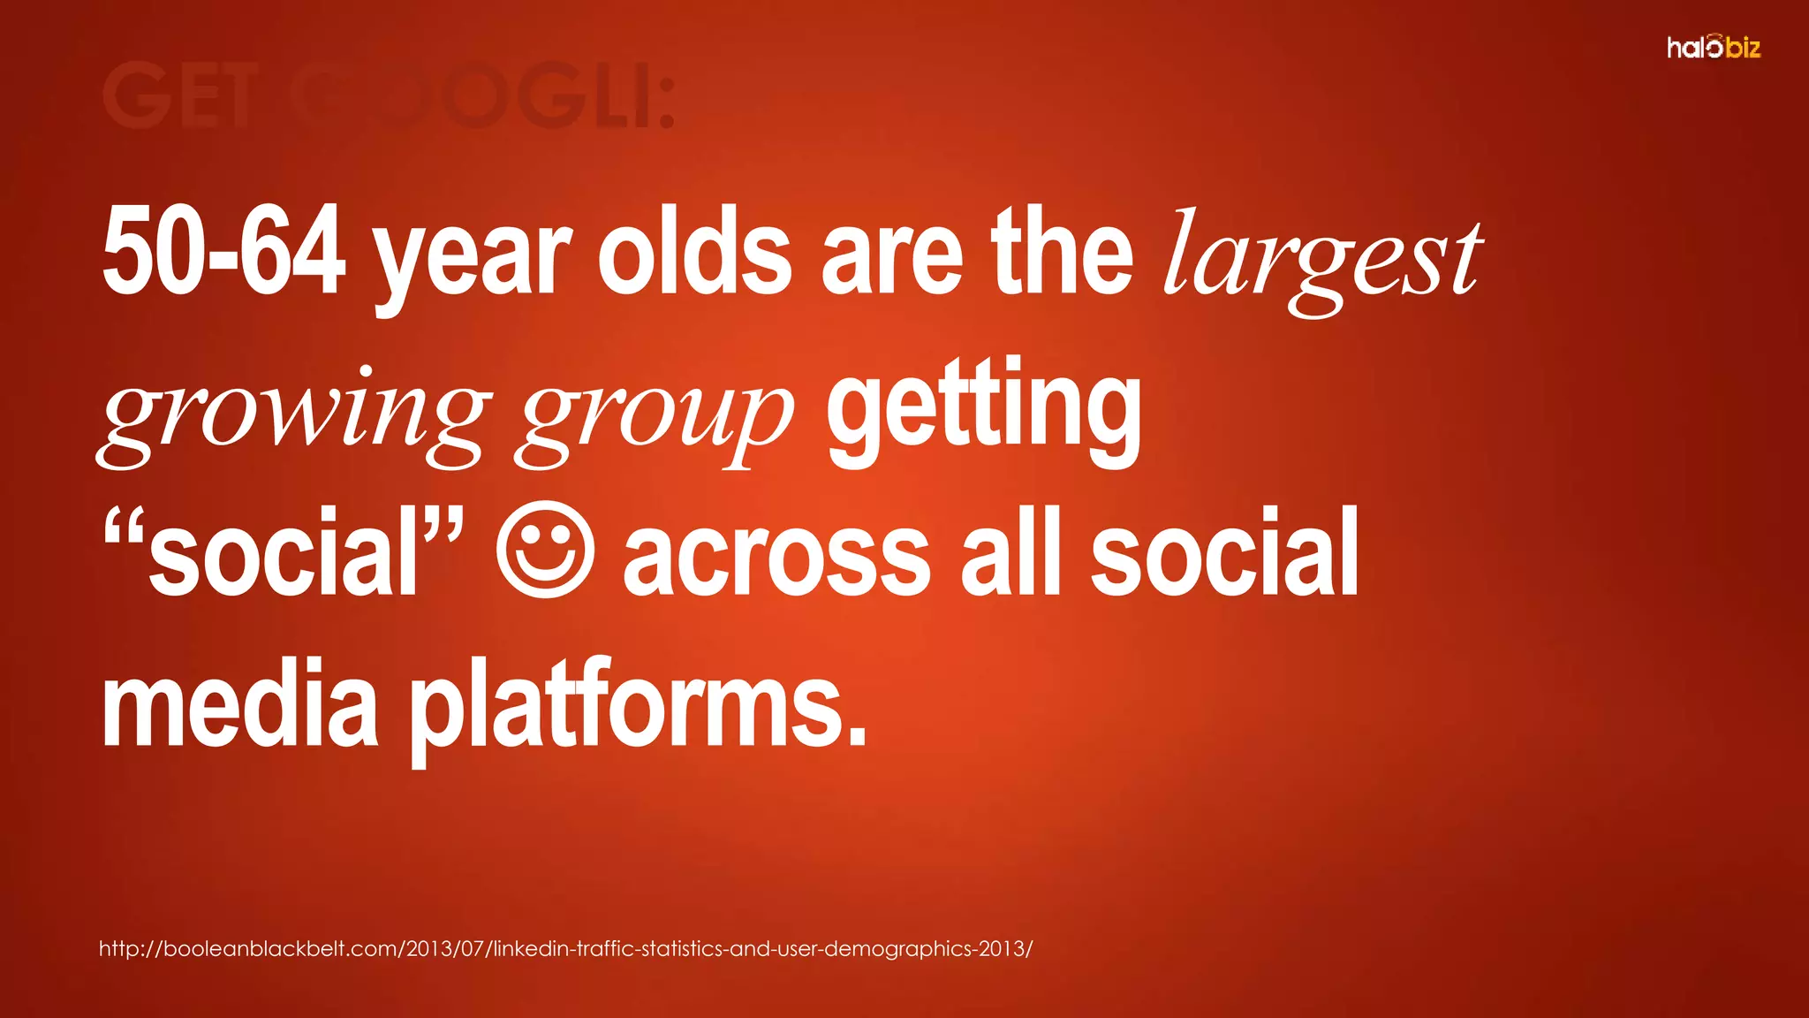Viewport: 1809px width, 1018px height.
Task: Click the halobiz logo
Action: (x=1714, y=47)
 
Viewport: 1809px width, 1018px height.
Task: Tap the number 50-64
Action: (x=223, y=252)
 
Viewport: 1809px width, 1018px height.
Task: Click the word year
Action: (x=473, y=256)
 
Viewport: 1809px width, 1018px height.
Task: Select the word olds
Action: (x=694, y=252)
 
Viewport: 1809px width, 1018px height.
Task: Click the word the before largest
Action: (x=1062, y=252)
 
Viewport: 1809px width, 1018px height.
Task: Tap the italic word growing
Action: (x=293, y=414)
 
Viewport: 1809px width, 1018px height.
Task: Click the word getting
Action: (x=983, y=411)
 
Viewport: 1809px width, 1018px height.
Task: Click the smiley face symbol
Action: (x=544, y=550)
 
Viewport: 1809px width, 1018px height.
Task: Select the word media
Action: (x=240, y=704)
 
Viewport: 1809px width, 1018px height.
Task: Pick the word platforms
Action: (x=638, y=707)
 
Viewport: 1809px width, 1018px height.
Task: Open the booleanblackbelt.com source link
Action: (x=565, y=949)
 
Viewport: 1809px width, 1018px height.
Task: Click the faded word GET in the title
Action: (x=181, y=95)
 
